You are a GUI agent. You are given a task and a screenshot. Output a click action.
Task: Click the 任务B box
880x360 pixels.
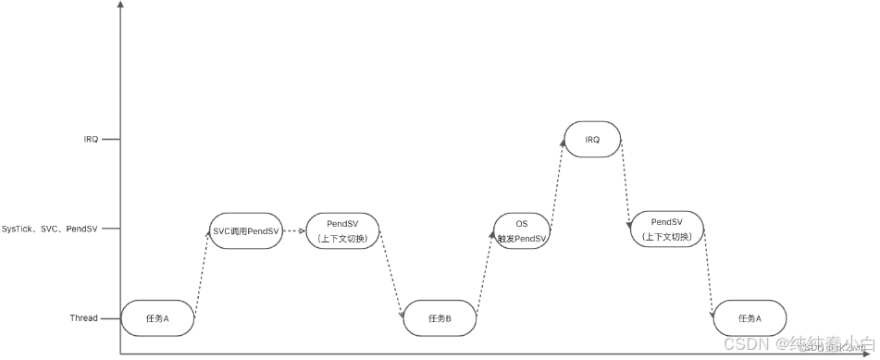(440, 318)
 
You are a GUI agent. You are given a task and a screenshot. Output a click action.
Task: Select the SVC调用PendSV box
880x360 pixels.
(245, 230)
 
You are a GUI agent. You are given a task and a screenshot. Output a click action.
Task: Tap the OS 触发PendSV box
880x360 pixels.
(522, 230)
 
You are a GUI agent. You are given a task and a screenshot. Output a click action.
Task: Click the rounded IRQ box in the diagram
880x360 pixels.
(592, 140)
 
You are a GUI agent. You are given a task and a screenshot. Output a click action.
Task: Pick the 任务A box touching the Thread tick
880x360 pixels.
(157, 318)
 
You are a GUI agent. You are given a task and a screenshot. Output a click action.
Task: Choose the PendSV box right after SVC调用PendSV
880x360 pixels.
(341, 230)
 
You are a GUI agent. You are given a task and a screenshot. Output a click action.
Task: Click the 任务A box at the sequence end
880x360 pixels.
(750, 318)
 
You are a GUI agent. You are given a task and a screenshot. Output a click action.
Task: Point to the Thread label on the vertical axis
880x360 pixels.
(83, 318)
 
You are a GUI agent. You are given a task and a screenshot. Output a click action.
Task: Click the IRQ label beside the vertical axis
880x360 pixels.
(91, 140)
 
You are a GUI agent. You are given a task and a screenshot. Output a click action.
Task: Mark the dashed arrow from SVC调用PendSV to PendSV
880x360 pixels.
(293, 230)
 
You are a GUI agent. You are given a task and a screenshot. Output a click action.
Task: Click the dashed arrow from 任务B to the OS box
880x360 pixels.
(484, 275)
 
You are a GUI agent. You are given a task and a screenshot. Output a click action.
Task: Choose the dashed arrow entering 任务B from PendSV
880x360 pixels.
(392, 275)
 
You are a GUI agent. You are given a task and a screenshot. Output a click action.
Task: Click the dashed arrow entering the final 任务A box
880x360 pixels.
(708, 275)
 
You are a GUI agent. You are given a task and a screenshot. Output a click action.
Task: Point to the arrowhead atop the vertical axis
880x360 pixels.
(120, 6)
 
